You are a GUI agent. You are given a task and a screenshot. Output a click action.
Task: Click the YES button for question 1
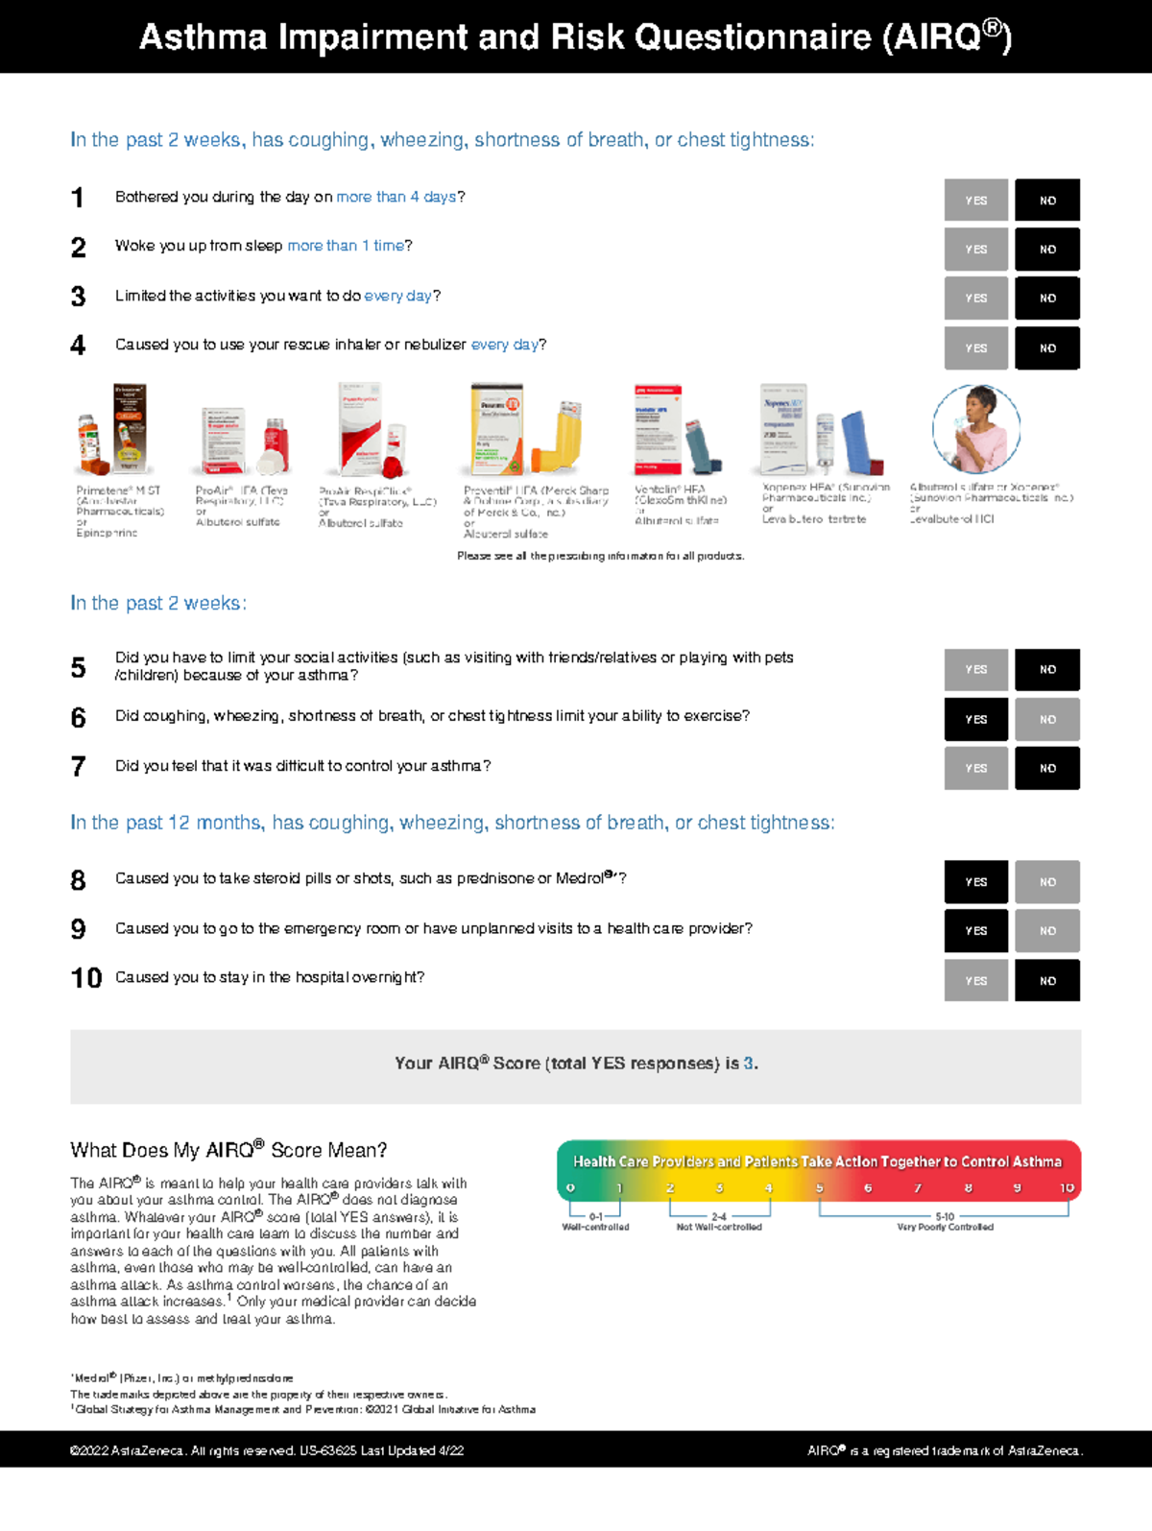pyautogui.click(x=975, y=201)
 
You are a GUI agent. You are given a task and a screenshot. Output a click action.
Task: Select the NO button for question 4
pyautogui.click(x=1047, y=347)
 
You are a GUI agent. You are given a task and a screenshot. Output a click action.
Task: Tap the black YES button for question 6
pyautogui.click(x=975, y=719)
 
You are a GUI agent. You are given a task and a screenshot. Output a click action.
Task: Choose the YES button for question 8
pyautogui.click(x=975, y=881)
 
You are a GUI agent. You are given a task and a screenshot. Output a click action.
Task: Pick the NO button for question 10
pyautogui.click(x=1047, y=980)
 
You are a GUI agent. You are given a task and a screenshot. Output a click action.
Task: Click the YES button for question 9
pyautogui.click(x=975, y=930)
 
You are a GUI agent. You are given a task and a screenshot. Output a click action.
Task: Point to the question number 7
pyautogui.click(x=79, y=766)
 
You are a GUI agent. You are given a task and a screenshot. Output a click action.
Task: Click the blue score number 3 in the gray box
pyautogui.click(x=749, y=1064)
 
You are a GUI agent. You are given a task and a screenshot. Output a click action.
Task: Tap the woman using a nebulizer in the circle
pyautogui.click(x=975, y=429)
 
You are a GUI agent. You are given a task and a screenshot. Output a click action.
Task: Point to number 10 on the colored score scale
pyautogui.click(x=1067, y=1188)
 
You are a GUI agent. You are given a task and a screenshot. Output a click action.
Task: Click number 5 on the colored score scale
pyautogui.click(x=819, y=1188)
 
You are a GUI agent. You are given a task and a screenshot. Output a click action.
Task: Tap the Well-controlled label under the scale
pyautogui.click(x=595, y=1227)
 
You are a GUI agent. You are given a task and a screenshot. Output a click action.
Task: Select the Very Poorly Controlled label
pyautogui.click(x=945, y=1227)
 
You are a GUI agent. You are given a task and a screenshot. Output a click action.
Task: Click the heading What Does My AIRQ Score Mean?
pyautogui.click(x=228, y=1150)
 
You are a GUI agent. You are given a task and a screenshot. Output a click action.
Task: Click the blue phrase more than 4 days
pyautogui.click(x=396, y=197)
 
